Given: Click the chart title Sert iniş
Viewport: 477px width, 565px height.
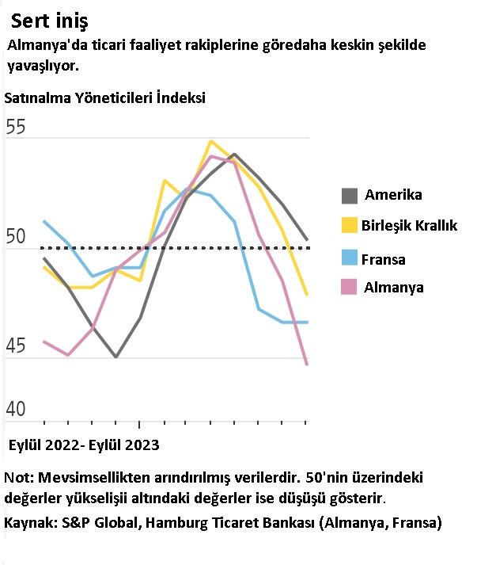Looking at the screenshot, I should (50, 21).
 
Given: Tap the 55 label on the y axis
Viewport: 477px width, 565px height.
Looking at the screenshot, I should (16, 128).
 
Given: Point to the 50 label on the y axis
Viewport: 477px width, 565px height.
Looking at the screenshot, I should (16, 237).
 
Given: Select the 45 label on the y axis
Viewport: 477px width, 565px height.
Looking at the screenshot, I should (16, 346).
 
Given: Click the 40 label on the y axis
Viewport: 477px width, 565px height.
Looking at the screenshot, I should (16, 410).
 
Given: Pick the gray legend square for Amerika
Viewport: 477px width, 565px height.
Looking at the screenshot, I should (349, 195).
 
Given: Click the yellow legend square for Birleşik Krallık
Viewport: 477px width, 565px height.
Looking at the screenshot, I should (349, 225).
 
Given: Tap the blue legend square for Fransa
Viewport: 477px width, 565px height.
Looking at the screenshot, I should (349, 258).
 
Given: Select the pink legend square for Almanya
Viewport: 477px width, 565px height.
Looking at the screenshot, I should (349, 287).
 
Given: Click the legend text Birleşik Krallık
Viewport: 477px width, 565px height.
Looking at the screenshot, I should (410, 226).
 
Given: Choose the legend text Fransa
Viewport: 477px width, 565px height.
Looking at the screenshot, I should (384, 259).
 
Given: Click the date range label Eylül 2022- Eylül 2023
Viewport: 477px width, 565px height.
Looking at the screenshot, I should (84, 445).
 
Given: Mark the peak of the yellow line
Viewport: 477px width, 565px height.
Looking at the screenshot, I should (210, 142).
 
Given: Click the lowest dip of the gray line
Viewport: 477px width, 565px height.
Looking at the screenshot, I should (116, 357).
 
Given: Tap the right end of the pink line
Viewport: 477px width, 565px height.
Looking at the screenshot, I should (306, 365).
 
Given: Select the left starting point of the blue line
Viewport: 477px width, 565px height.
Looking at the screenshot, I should (44, 221).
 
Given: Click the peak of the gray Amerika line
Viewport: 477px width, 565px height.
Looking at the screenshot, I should (234, 155).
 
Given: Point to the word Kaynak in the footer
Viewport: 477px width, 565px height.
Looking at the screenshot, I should (28, 523).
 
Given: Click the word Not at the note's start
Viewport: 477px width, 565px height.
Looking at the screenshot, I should (17, 478).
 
